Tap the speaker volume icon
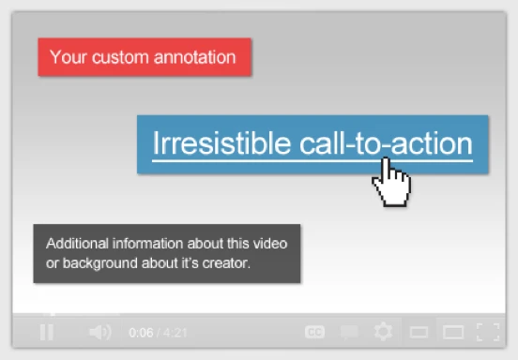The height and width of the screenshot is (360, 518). pos(99,332)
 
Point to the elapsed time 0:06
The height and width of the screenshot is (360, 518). pos(141,332)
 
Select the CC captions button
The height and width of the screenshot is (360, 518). pos(315,332)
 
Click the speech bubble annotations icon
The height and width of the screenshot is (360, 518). pos(349,332)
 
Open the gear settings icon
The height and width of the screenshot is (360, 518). pos(383,332)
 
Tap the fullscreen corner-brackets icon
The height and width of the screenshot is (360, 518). pos(487,332)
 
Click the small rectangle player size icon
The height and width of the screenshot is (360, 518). pos(419,332)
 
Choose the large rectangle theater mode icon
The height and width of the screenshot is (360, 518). pos(453,332)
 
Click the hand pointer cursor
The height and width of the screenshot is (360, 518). pos(391,180)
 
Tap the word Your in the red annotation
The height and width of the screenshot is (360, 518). pos(68,57)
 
